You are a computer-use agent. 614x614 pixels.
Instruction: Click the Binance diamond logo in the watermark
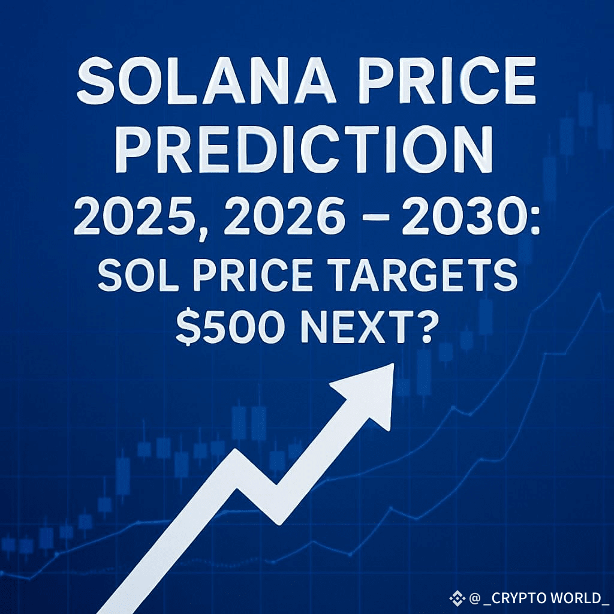coord(458,597)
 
